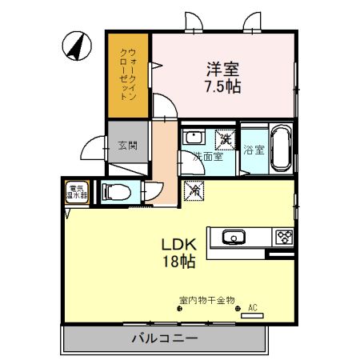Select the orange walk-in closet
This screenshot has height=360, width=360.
(x=128, y=76)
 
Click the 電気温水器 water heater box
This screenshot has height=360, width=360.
(x=77, y=191)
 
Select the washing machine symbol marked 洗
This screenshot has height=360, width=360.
(x=226, y=138)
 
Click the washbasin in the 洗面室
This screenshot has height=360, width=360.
(x=194, y=138)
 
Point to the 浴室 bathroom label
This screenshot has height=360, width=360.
(x=254, y=150)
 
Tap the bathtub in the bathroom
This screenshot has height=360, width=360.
(x=280, y=147)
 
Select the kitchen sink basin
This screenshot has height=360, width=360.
(x=233, y=237)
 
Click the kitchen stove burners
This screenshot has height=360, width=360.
(x=284, y=237)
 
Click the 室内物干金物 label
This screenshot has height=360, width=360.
(x=206, y=300)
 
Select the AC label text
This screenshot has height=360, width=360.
(x=252, y=307)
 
